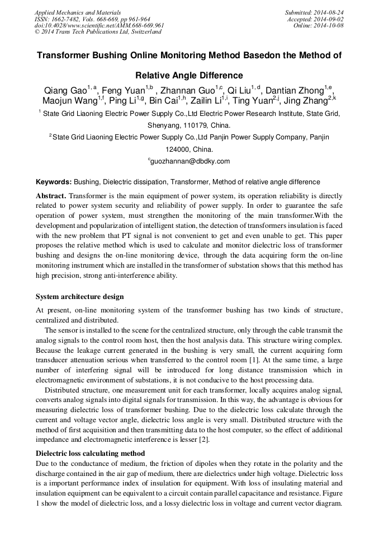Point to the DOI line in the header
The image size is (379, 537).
click(99, 25)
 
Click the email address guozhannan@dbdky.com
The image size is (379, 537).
click(190, 161)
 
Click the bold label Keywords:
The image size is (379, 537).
click(53, 182)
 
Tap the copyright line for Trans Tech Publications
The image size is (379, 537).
click(98, 32)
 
